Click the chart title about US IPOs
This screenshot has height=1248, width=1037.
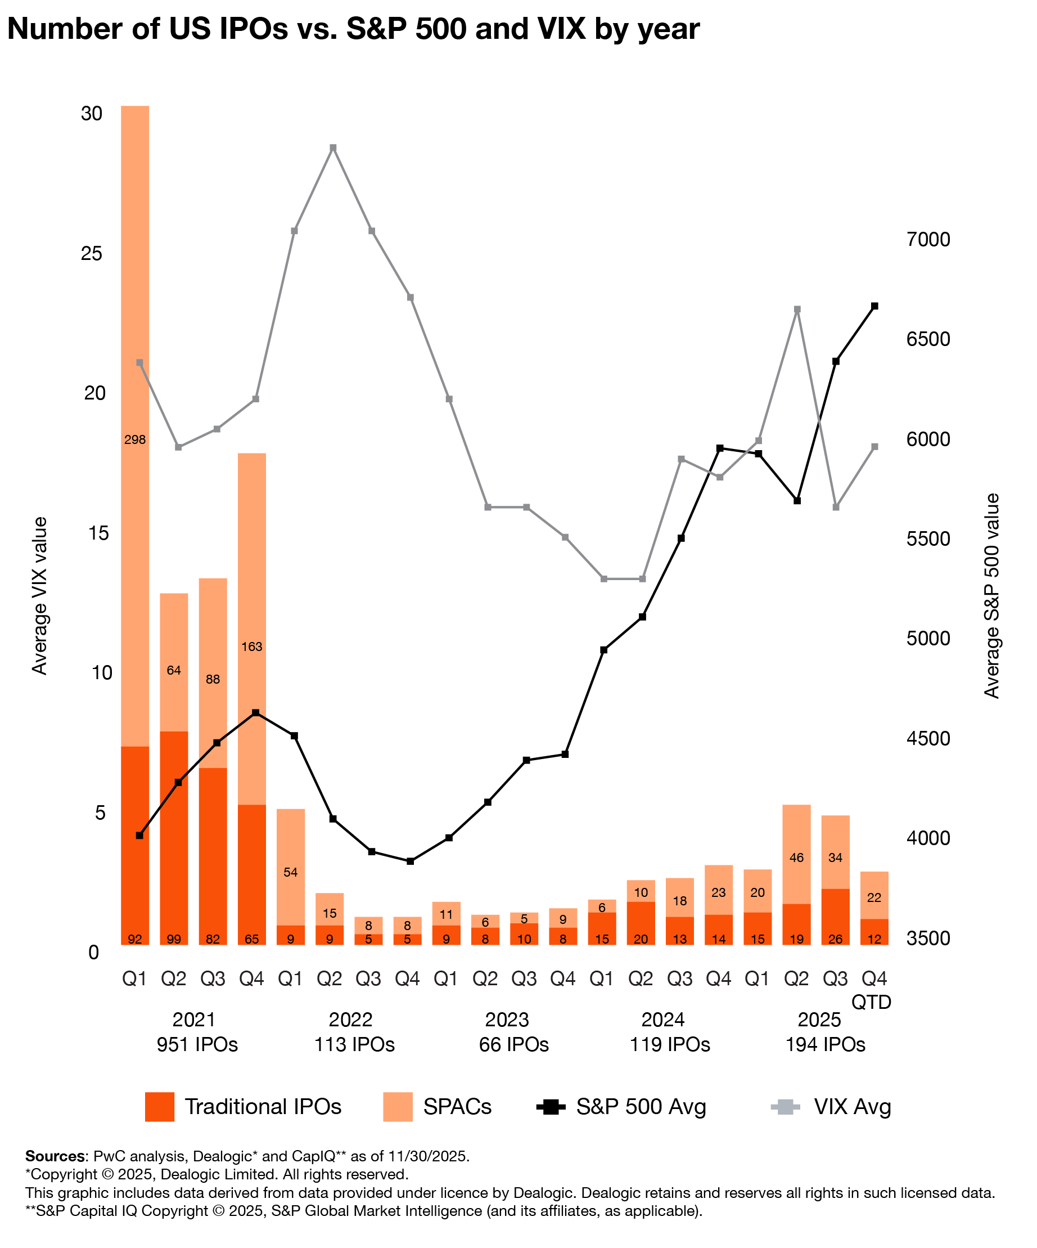click(x=353, y=29)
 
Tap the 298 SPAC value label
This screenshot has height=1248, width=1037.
click(x=135, y=440)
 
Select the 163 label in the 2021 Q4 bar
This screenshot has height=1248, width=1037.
click(x=251, y=647)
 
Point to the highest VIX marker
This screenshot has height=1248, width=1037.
click(x=333, y=148)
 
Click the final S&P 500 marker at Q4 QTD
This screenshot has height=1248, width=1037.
click(x=874, y=306)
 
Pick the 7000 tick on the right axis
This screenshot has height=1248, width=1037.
click(x=928, y=240)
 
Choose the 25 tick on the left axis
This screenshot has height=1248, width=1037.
click(x=92, y=254)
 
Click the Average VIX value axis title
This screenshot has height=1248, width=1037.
click(x=39, y=595)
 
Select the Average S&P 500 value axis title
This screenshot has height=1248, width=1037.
click(x=992, y=595)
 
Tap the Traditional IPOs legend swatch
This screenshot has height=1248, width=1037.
click(x=159, y=1107)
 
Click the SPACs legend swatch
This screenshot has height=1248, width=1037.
click(x=398, y=1107)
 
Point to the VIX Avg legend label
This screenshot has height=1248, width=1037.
click(x=853, y=1107)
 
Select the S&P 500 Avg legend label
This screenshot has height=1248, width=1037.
click(x=641, y=1107)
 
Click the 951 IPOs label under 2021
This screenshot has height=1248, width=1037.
click(x=197, y=1044)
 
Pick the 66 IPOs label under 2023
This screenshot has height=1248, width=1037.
click(x=514, y=1044)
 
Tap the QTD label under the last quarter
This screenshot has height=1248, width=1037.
click(x=871, y=1002)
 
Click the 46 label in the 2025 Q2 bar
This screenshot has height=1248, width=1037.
click(x=796, y=858)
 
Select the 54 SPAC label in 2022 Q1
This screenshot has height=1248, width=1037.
click(x=290, y=872)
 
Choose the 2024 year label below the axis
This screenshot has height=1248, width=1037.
click(x=664, y=1020)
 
